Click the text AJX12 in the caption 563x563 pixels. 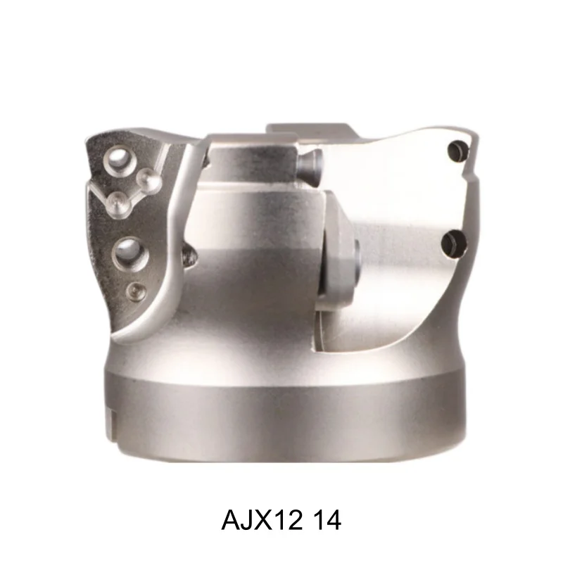pyautogui.click(x=257, y=521)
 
